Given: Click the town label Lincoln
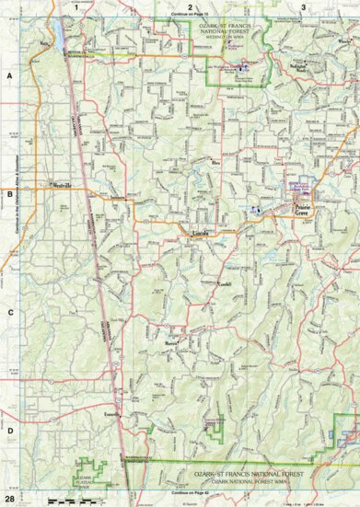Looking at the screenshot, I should point(202,234).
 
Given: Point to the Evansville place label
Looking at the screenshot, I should point(113,414).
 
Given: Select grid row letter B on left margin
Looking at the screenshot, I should point(10,194).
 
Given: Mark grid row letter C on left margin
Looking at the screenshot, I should point(10,312).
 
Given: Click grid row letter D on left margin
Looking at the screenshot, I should point(10,430).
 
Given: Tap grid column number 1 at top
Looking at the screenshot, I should point(76,6).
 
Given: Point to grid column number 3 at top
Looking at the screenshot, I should point(303,6).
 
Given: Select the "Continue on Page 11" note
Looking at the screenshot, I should point(190,17).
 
